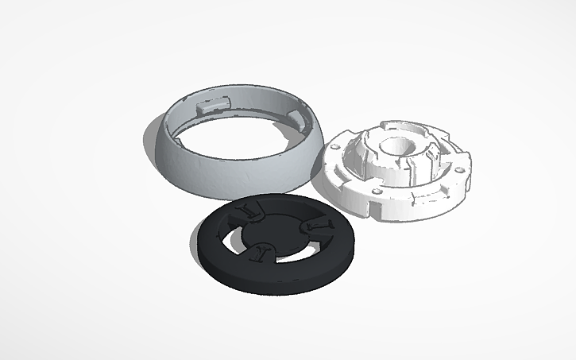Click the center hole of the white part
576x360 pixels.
[396, 146]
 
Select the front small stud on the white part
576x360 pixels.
[373, 192]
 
